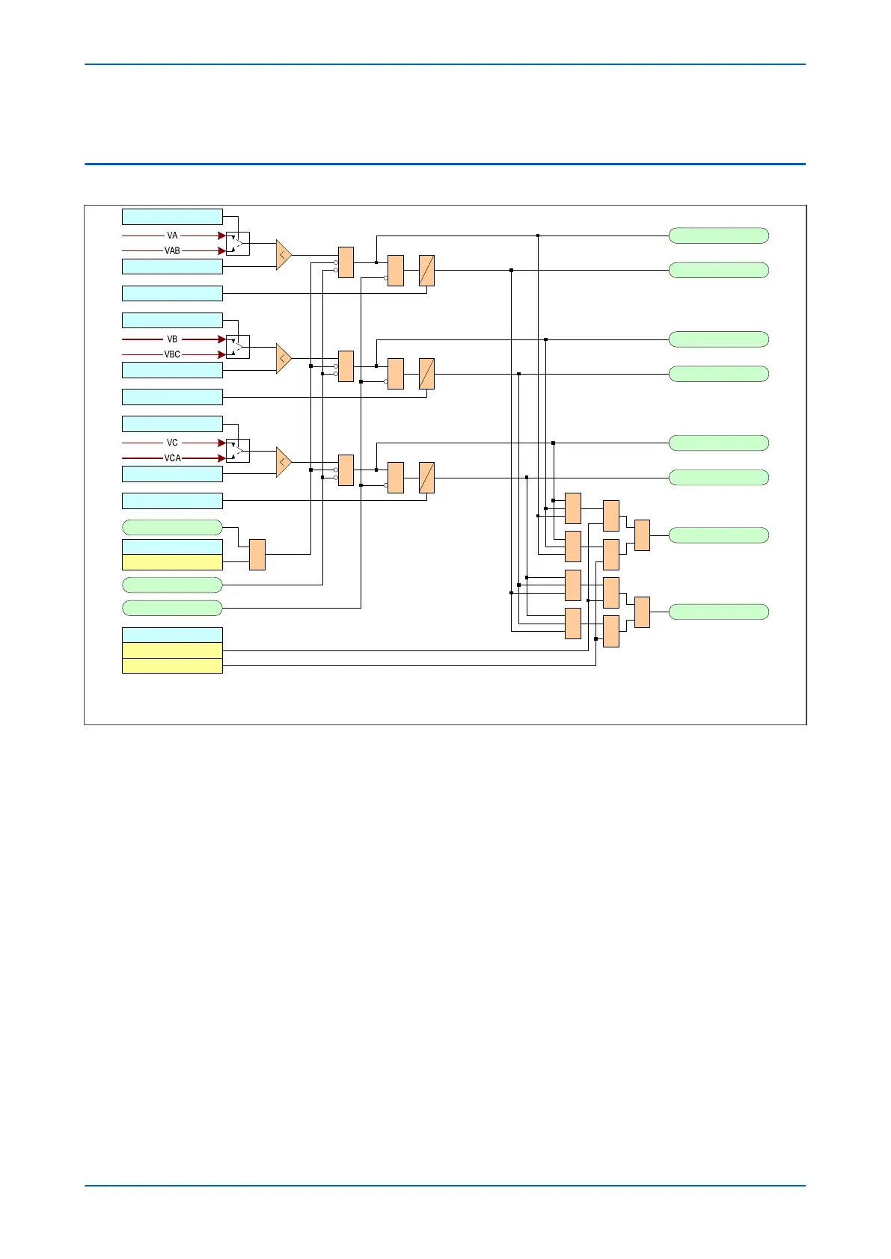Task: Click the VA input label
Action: click(x=172, y=236)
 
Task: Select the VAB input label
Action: click(x=172, y=251)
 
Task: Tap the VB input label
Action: click(x=172, y=339)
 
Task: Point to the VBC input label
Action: click(x=172, y=354)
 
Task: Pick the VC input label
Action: click(x=172, y=443)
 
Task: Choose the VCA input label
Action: click(x=172, y=458)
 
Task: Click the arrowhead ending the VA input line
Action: click(x=221, y=236)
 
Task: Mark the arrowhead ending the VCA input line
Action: click(x=221, y=458)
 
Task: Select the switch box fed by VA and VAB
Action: click(x=238, y=244)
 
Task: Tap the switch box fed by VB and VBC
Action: click(x=238, y=347)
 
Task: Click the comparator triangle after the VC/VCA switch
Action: click(x=283, y=462)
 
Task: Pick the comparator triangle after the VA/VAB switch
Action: click(x=283, y=255)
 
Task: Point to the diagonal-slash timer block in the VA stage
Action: click(x=426, y=271)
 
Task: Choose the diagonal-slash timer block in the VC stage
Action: click(x=426, y=478)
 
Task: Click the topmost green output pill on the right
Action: click(x=718, y=236)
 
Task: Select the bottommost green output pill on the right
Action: click(x=718, y=612)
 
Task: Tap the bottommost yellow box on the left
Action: click(x=172, y=665)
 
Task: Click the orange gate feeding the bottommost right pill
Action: click(x=642, y=612)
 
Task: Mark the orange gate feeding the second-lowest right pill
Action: click(x=642, y=535)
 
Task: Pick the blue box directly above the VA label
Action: click(x=172, y=217)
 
